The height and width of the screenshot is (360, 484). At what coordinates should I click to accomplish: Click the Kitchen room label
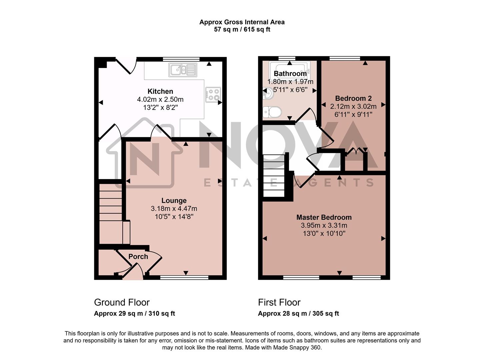point(160,91)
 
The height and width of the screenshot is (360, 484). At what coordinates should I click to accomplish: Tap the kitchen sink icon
point(183,70)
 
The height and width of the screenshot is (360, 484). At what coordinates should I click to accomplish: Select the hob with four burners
point(213,94)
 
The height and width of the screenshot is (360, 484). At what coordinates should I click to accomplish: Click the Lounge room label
point(174,200)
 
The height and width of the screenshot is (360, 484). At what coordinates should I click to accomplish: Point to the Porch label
point(138,256)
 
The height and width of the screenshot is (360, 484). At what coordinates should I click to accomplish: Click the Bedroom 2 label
point(353,98)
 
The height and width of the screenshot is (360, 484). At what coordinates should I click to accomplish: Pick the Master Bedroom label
point(324,217)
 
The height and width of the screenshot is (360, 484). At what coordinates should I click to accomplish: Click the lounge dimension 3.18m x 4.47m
point(174,209)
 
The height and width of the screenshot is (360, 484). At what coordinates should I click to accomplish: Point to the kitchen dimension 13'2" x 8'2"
point(160,108)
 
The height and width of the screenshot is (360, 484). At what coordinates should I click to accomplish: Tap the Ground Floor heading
point(122,302)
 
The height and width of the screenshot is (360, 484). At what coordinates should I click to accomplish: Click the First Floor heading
point(279,302)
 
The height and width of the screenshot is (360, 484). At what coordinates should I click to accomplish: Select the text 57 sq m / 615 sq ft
point(242,29)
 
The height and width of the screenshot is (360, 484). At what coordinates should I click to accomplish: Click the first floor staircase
point(274,176)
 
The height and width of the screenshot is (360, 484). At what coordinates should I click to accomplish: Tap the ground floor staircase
point(110,212)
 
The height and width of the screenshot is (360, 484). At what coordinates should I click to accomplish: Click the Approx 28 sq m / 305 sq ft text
point(298,314)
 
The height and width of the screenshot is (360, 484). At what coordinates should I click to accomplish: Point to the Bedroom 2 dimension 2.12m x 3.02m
point(353,106)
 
